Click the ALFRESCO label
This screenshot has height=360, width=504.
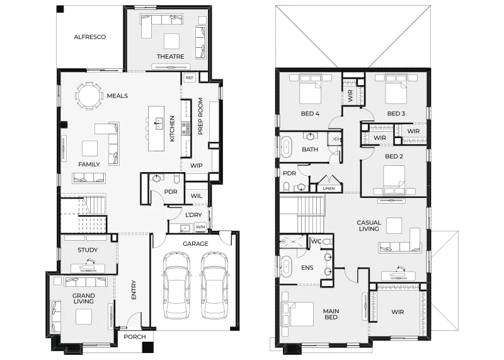tap(89, 37)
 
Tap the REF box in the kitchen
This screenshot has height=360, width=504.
tap(190, 78)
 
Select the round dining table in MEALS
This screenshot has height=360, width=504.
tap(88, 96)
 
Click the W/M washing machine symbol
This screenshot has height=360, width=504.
tap(200, 227)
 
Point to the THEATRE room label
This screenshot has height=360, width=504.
tap(170, 57)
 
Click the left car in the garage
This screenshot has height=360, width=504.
tap(176, 285)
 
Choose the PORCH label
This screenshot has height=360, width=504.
tap(135, 337)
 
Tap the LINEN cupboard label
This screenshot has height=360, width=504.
tap(328, 189)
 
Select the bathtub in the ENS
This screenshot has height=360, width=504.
tap(286, 267)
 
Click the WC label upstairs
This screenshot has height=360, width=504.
tap(316, 241)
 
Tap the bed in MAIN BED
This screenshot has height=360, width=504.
tap(297, 314)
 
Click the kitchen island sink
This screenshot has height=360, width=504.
tap(159, 123)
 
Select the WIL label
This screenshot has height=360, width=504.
tap(197, 195)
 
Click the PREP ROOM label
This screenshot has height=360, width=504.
tap(200, 116)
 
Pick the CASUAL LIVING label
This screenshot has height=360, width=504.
tap(369, 226)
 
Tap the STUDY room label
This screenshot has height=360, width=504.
tap(88, 250)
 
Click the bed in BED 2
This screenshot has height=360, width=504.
tap(394, 180)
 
